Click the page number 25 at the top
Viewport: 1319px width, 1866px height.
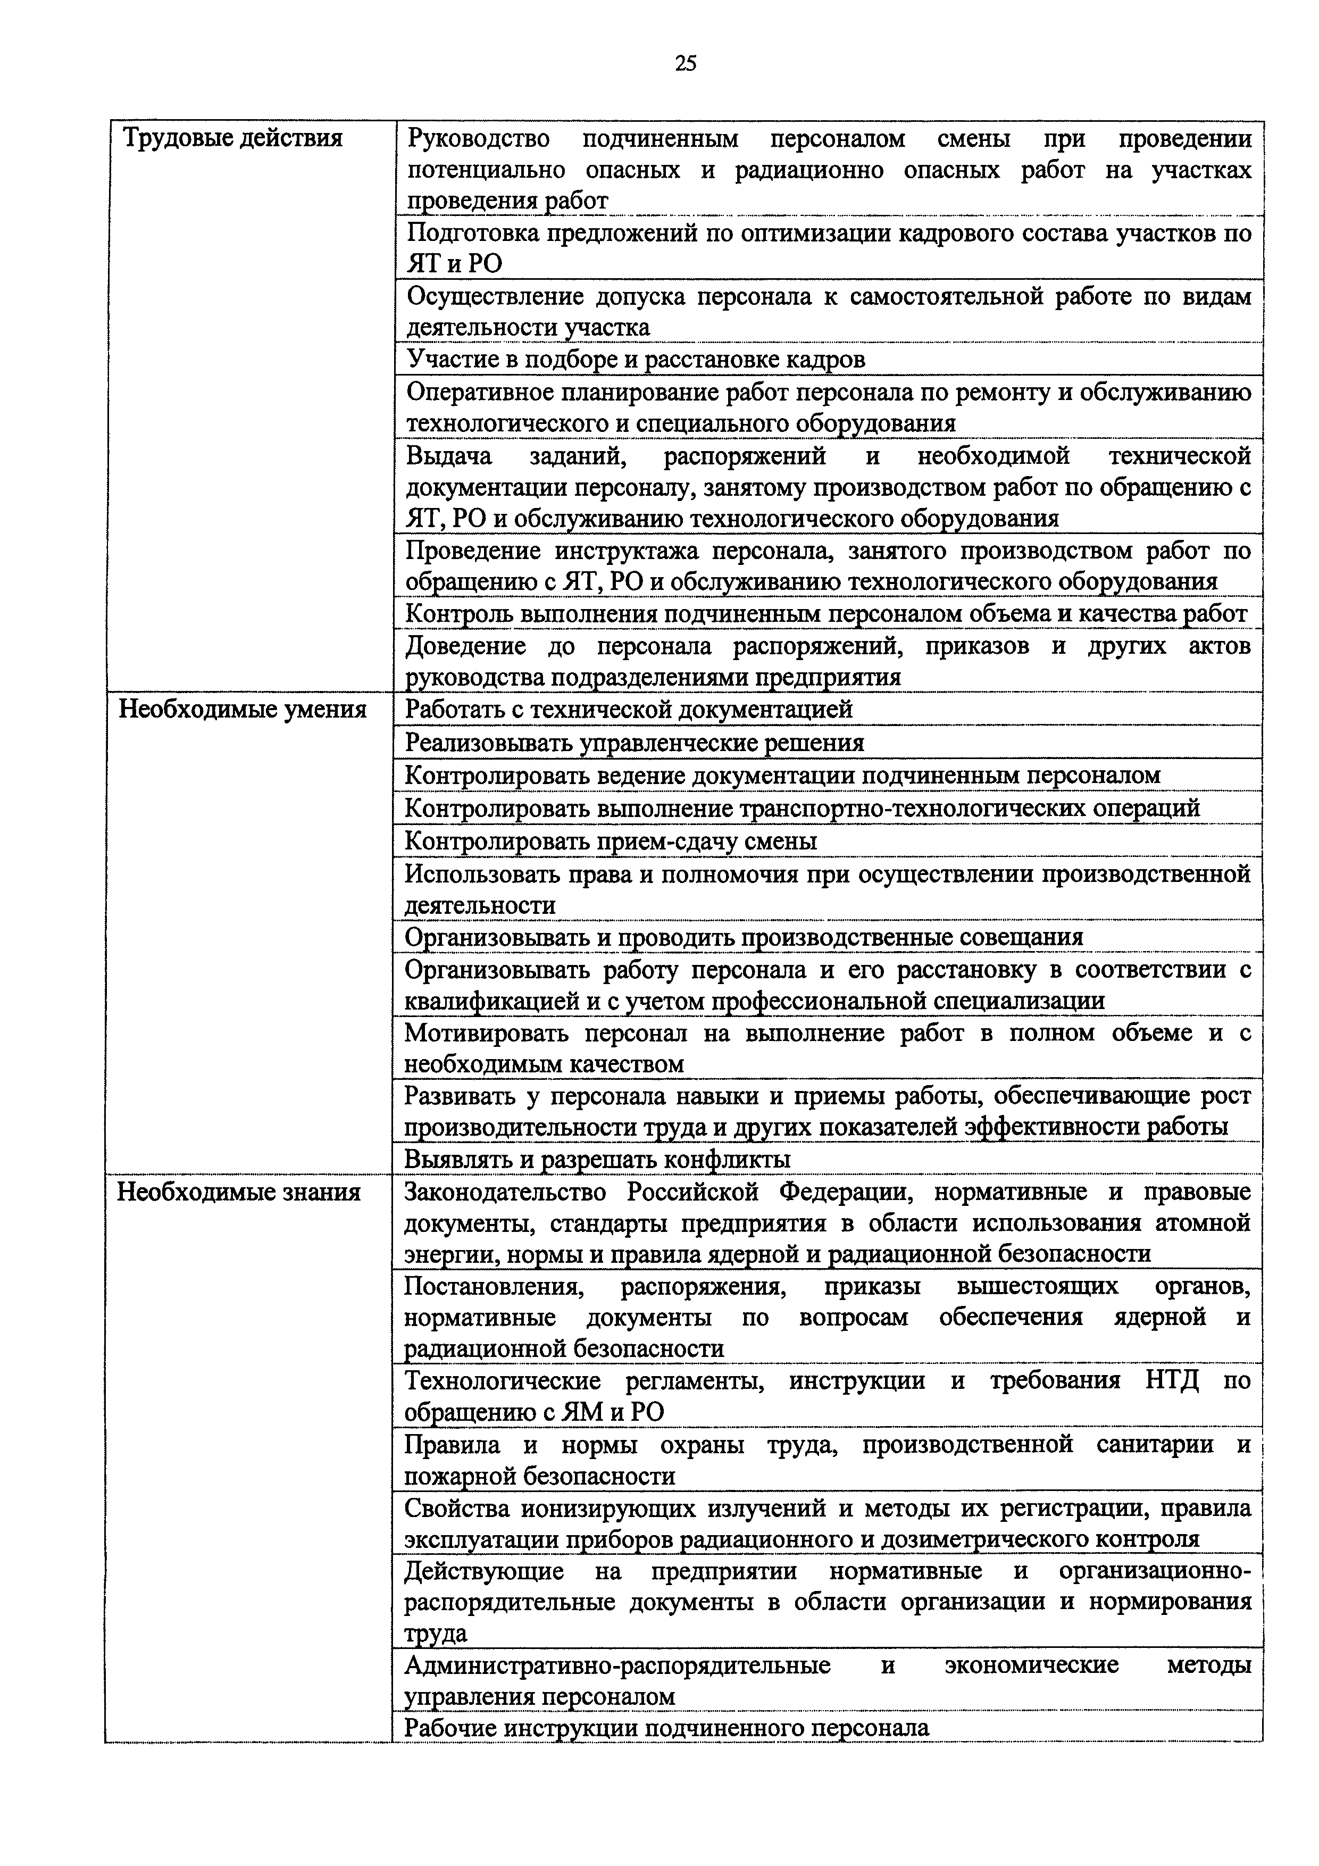(x=685, y=63)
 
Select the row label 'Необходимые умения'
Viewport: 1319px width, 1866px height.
(x=242, y=710)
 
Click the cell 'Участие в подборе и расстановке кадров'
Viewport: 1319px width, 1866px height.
(x=636, y=359)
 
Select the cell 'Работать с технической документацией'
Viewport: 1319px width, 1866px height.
(x=628, y=710)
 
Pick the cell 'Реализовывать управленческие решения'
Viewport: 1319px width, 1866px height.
(x=634, y=743)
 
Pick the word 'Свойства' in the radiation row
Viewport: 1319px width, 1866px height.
(x=455, y=1509)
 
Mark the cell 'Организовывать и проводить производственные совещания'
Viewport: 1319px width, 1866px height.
(x=744, y=937)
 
